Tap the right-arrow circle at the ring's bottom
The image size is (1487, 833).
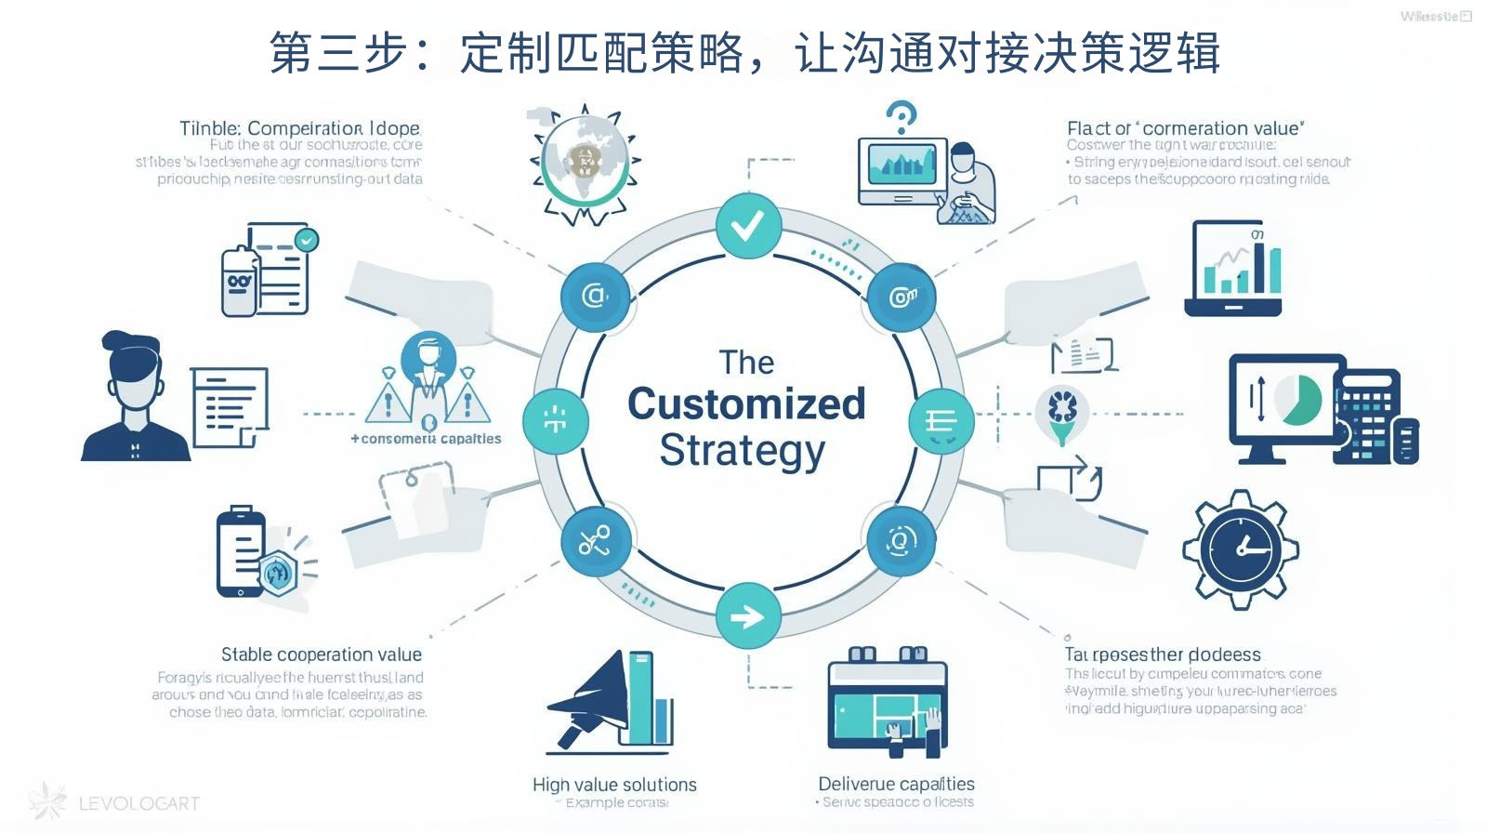coord(748,616)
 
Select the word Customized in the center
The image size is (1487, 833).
coord(746,404)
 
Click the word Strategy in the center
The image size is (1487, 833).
coord(743,451)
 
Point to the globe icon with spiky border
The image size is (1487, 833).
coord(585,165)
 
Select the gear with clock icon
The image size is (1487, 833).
coord(1240,549)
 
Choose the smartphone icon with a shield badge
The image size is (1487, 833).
coord(243,552)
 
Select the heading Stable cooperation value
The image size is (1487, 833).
coord(322,654)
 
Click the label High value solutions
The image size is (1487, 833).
coord(614,785)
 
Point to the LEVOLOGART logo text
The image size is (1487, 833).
coord(139,803)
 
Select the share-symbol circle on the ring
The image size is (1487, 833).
coord(596,541)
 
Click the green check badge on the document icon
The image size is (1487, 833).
coord(306,240)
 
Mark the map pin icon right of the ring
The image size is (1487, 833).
coord(1062,414)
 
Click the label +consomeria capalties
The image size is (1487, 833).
coord(427,439)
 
